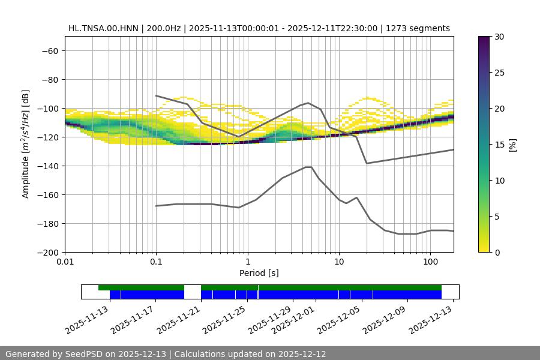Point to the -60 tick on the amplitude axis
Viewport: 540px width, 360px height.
click(49, 51)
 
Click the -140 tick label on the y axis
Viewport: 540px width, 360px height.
click(47, 166)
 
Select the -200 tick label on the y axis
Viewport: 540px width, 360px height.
click(47, 253)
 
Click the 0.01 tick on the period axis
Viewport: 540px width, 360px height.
click(65, 262)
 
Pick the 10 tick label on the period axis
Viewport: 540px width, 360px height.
click(339, 262)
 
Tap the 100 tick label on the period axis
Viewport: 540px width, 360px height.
click(430, 262)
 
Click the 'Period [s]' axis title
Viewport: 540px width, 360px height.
click(259, 273)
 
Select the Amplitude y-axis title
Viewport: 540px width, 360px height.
click(26, 144)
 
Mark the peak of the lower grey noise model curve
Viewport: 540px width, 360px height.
click(308, 167)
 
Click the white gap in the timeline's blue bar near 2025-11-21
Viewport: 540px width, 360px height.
click(193, 294)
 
